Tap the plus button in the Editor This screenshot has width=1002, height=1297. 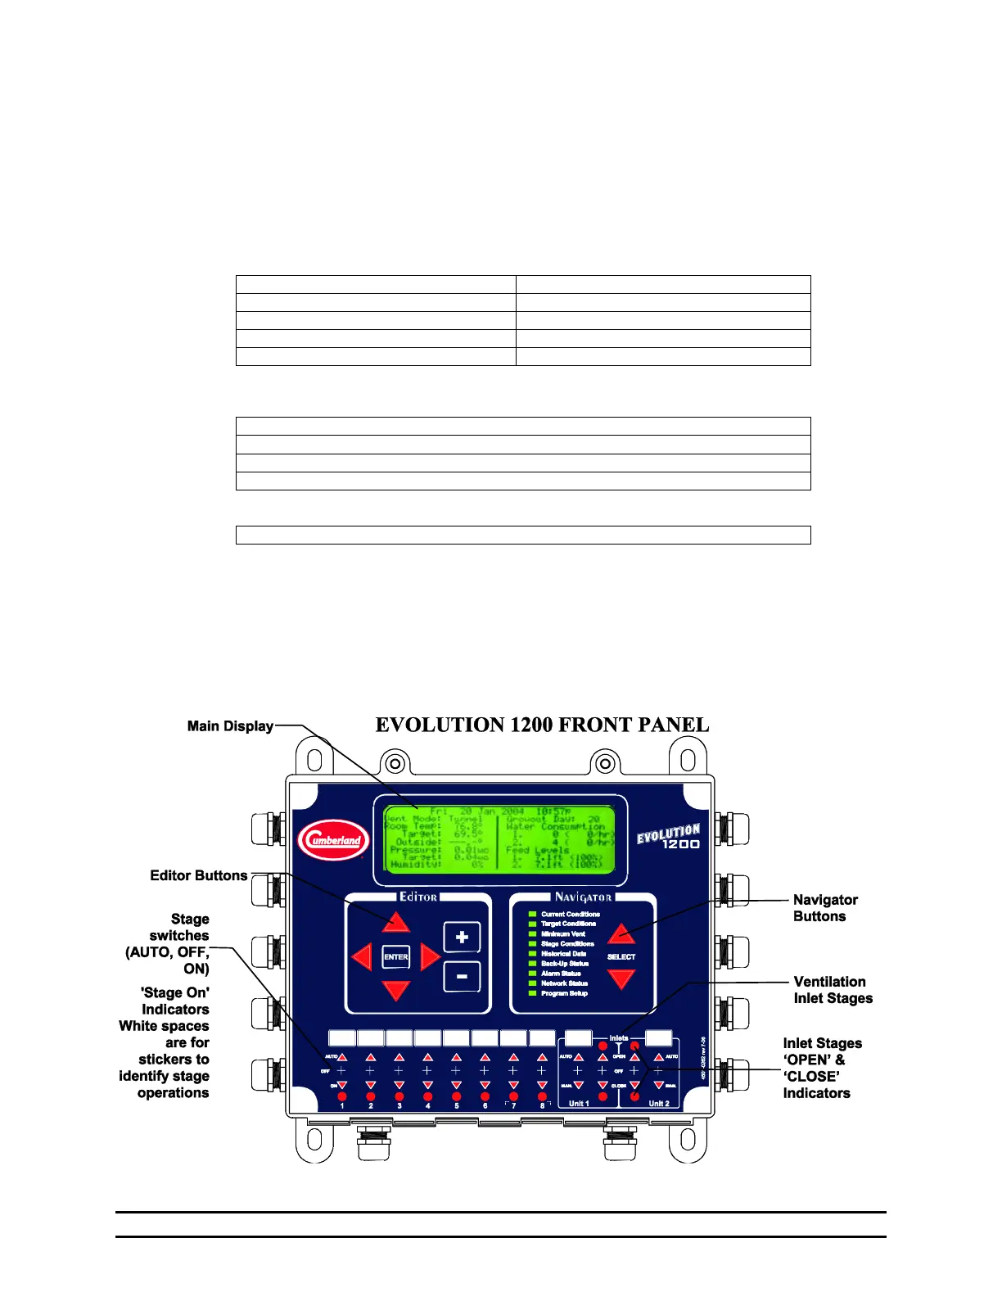(462, 937)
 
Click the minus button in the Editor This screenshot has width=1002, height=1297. (462, 976)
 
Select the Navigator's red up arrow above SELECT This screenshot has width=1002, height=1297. (621, 933)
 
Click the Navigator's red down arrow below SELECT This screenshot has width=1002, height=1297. (621, 978)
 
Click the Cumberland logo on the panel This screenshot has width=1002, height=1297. (333, 840)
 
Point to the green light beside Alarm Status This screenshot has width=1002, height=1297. (532, 974)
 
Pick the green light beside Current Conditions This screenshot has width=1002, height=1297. (532, 914)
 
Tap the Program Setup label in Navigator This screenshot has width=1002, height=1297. (564, 993)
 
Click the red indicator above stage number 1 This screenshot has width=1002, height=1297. (342, 1096)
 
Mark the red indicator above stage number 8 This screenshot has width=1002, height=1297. (542, 1096)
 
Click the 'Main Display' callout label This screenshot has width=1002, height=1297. (230, 725)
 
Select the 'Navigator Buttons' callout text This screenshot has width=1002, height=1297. (825, 908)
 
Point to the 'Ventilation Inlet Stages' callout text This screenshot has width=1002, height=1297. (833, 990)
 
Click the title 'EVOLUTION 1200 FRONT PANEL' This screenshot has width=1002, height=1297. (542, 725)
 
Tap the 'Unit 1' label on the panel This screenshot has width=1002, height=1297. (579, 1103)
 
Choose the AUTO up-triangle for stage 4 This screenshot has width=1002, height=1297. (427, 1057)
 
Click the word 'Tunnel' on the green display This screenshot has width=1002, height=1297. (465, 818)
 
